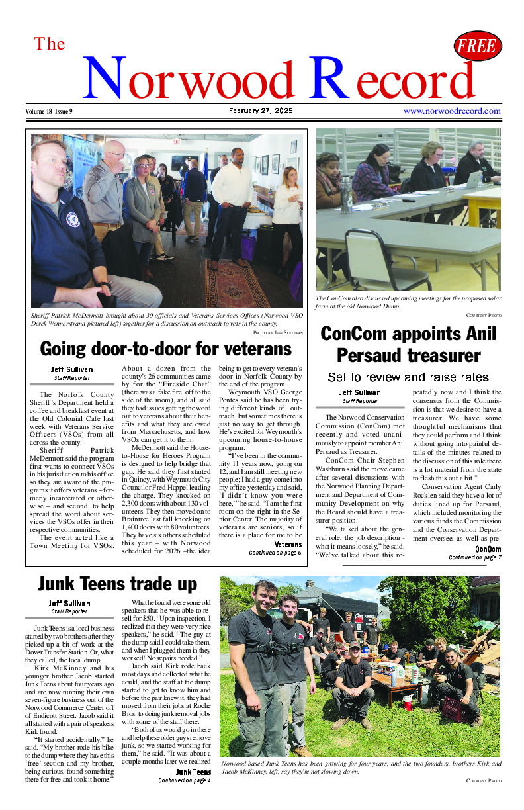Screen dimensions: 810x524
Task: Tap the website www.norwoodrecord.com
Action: coord(452,111)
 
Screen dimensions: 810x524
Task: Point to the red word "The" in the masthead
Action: coord(50,44)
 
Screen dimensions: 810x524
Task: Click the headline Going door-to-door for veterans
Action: coord(165,349)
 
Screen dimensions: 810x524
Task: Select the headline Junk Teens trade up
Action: coord(117,584)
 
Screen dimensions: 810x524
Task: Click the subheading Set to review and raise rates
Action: coord(408,377)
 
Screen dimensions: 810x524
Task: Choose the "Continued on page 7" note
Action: coord(474,558)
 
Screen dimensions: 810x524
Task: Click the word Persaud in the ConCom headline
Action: coord(372,356)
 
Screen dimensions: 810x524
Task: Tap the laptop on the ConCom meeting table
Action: coord(472,180)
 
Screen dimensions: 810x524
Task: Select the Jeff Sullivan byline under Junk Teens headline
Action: coord(71,604)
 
